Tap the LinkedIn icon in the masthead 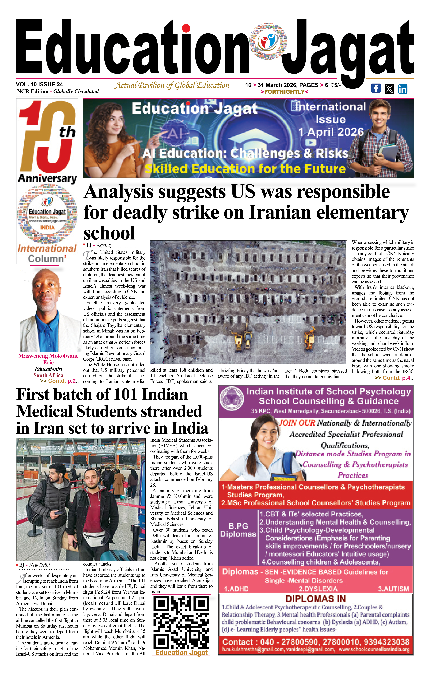402,89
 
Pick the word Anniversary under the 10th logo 47,179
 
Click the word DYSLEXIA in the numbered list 318,589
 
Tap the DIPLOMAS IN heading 316,599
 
